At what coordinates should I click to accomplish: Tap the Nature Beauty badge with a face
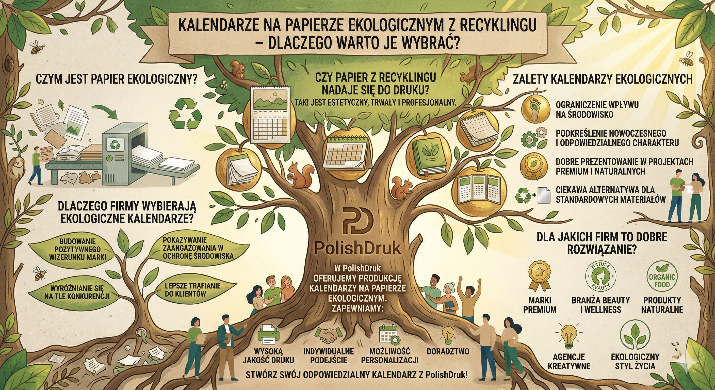click(x=601, y=280)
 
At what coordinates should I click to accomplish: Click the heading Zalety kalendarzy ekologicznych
click(x=602, y=79)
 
